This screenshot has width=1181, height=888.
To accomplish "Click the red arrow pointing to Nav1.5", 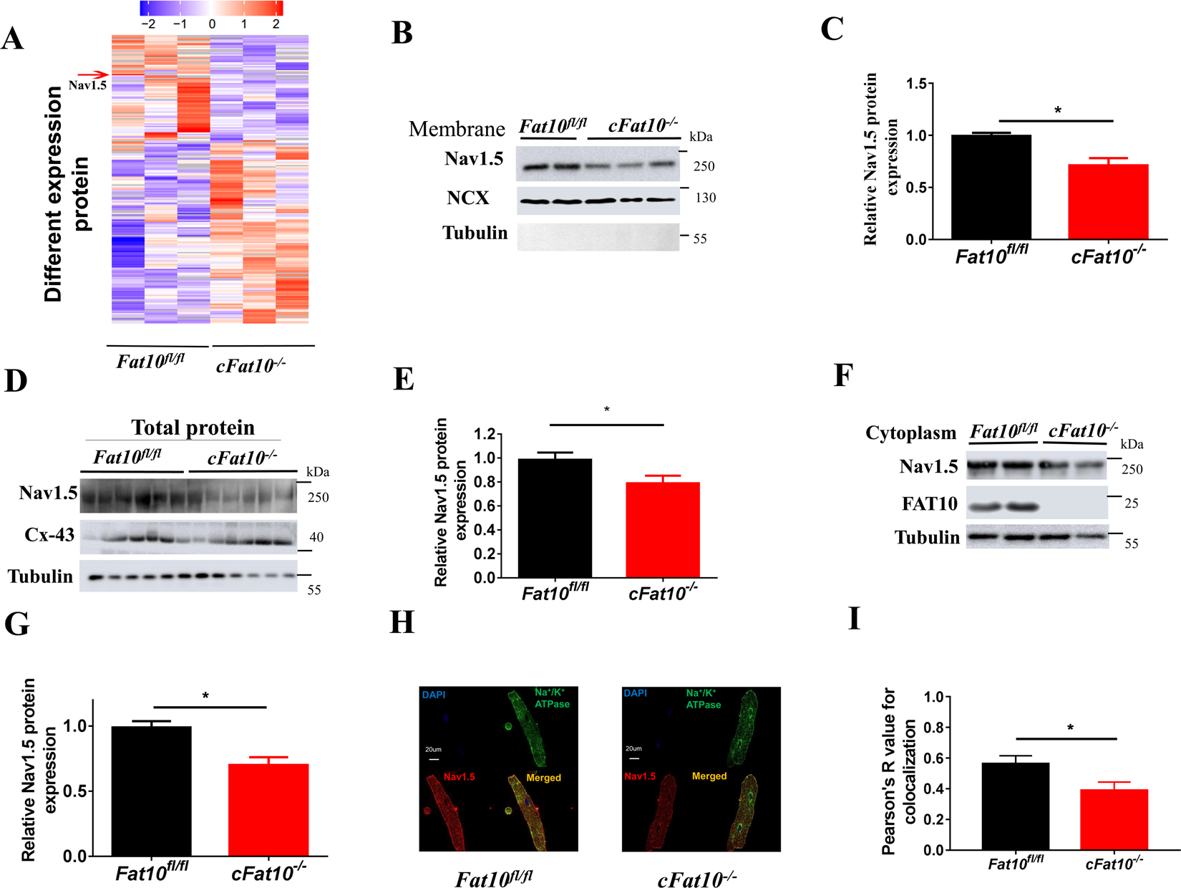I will [x=92, y=74].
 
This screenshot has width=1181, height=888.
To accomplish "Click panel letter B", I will [x=402, y=33].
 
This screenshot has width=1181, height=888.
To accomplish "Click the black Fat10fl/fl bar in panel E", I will [x=555, y=517].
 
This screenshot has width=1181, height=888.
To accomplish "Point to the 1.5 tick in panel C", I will [x=915, y=84].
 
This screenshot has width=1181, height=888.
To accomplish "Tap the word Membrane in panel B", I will [x=457, y=129].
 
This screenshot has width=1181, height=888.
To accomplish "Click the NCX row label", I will [x=468, y=198].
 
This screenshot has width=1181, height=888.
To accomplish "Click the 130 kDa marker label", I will [x=705, y=198].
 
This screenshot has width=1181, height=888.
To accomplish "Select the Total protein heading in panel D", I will [x=193, y=428].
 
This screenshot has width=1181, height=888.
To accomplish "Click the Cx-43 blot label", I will [x=49, y=534].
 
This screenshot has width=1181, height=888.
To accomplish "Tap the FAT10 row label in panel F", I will [x=929, y=504].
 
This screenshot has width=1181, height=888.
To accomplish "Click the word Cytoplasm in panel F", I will [x=910, y=433].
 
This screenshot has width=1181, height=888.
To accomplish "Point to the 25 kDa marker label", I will [x=1131, y=503].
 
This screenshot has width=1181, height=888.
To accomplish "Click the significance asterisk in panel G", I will [x=205, y=696].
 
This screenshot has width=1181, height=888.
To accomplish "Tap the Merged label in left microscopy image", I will [x=543, y=778].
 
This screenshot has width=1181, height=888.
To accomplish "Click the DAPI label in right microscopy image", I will [x=635, y=693].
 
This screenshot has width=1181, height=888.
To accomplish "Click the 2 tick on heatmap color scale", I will [x=276, y=24].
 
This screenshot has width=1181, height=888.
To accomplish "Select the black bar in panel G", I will [x=151, y=791].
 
